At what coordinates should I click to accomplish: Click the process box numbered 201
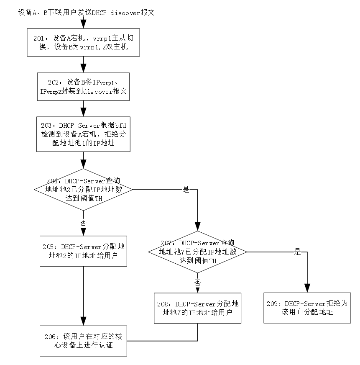click(83, 42)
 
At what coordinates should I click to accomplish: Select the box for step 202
click(83, 87)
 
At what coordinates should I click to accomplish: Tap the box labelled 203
click(83, 134)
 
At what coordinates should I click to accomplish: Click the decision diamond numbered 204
click(83, 190)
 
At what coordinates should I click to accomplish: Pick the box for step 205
click(83, 251)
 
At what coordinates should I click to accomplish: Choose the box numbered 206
click(83, 341)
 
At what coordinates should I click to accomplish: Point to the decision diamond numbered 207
click(197, 252)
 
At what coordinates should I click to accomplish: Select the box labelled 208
click(197, 308)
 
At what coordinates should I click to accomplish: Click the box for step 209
click(307, 308)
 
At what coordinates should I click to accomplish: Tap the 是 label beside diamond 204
click(186, 189)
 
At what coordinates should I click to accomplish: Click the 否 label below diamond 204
click(83, 223)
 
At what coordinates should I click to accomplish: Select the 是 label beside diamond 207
click(297, 252)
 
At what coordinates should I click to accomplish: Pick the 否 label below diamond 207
click(197, 283)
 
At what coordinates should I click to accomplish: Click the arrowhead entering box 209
click(307, 288)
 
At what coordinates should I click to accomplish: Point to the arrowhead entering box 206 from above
click(83, 321)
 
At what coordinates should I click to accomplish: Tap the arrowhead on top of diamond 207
click(197, 226)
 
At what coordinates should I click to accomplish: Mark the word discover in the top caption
click(125, 13)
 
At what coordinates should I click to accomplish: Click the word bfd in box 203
click(120, 126)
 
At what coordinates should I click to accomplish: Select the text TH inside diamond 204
click(99, 198)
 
